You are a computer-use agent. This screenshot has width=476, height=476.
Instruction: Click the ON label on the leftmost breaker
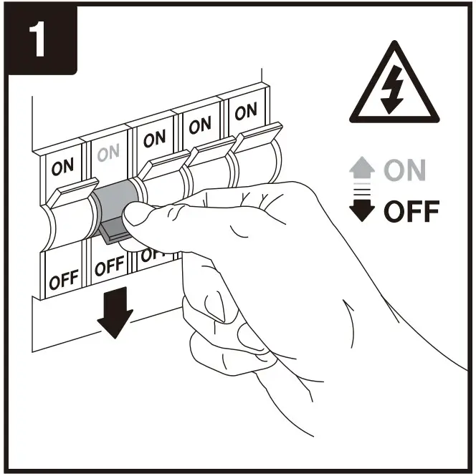tap(62, 167)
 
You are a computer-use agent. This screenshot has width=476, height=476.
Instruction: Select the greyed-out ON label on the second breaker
tap(108, 153)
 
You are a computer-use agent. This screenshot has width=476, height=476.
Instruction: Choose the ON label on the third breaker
tap(154, 139)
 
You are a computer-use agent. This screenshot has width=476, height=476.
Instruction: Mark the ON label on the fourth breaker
tap(200, 125)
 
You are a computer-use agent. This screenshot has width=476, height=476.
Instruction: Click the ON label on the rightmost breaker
tap(245, 111)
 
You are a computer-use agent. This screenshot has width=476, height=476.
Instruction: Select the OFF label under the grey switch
tap(109, 267)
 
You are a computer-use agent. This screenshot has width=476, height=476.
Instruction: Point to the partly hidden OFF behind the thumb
tap(148, 254)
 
